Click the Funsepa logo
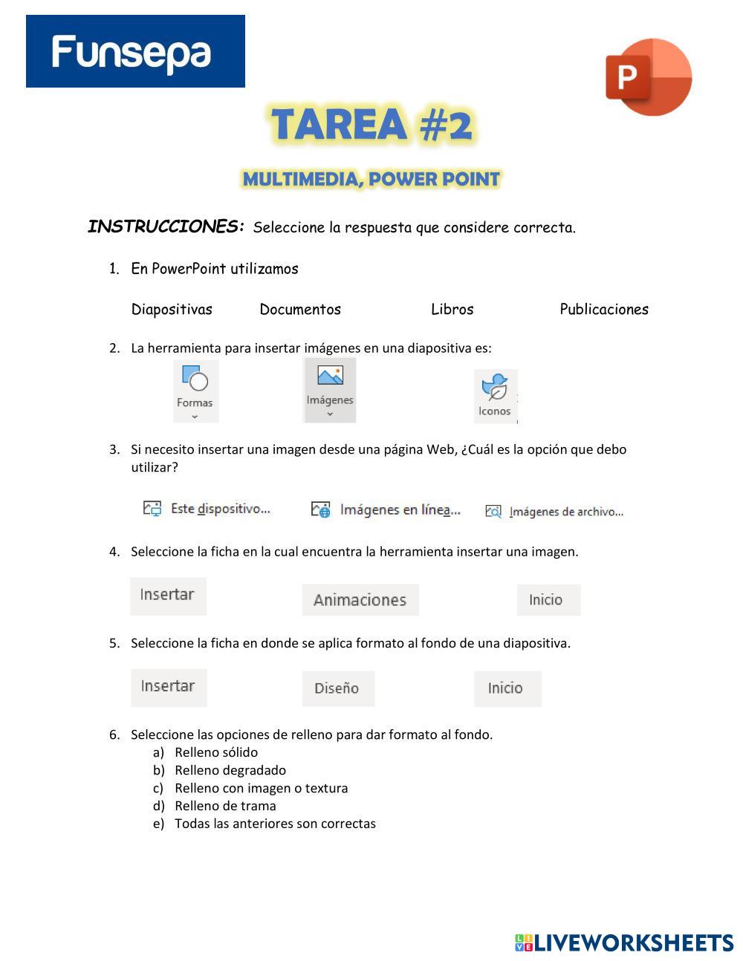pyautogui.click(x=135, y=51)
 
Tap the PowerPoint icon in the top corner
pyautogui.click(x=649, y=76)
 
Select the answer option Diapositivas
pyautogui.click(x=172, y=309)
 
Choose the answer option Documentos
pyautogui.click(x=300, y=309)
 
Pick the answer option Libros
pyautogui.click(x=452, y=309)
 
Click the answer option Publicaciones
pyautogui.click(x=603, y=309)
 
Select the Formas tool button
pyautogui.click(x=195, y=391)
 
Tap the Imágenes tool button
pyautogui.click(x=330, y=390)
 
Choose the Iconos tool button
pyautogui.click(x=495, y=396)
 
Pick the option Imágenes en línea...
pyautogui.click(x=386, y=509)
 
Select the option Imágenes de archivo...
pyautogui.click(x=555, y=512)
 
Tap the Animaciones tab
pyautogui.click(x=360, y=600)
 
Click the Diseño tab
pyautogui.click(x=337, y=688)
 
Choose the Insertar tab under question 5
pyautogui.click(x=168, y=686)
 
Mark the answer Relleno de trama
pyautogui.click(x=224, y=806)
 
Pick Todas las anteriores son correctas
pyautogui.click(x=274, y=824)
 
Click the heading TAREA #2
pyautogui.click(x=371, y=124)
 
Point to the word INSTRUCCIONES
pyautogui.click(x=166, y=227)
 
